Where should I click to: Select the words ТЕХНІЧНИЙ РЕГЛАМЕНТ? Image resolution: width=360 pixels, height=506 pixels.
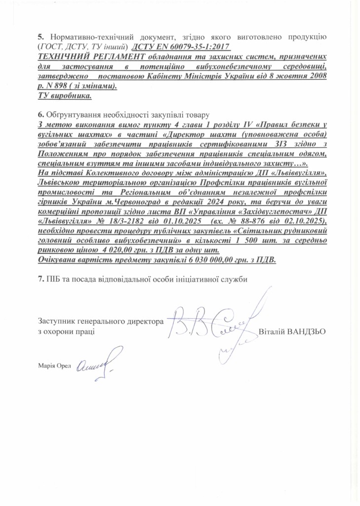(x=75, y=56)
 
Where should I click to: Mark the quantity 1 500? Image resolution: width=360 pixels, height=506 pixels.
(x=245, y=239)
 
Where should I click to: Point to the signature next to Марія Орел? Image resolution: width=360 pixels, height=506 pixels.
(x=96, y=364)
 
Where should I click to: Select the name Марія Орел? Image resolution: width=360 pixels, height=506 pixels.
(x=54, y=366)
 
